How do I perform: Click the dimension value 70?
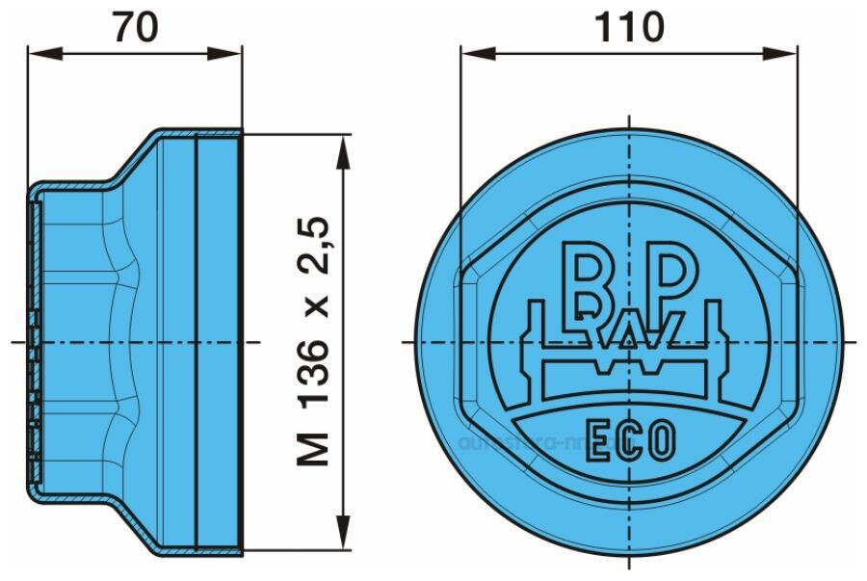pos(135,28)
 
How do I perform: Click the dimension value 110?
pos(629,28)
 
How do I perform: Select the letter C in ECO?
pos(627,444)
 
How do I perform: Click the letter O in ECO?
pos(661,444)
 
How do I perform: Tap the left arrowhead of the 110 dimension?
pos(470,54)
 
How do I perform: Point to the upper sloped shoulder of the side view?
pos(129,158)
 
